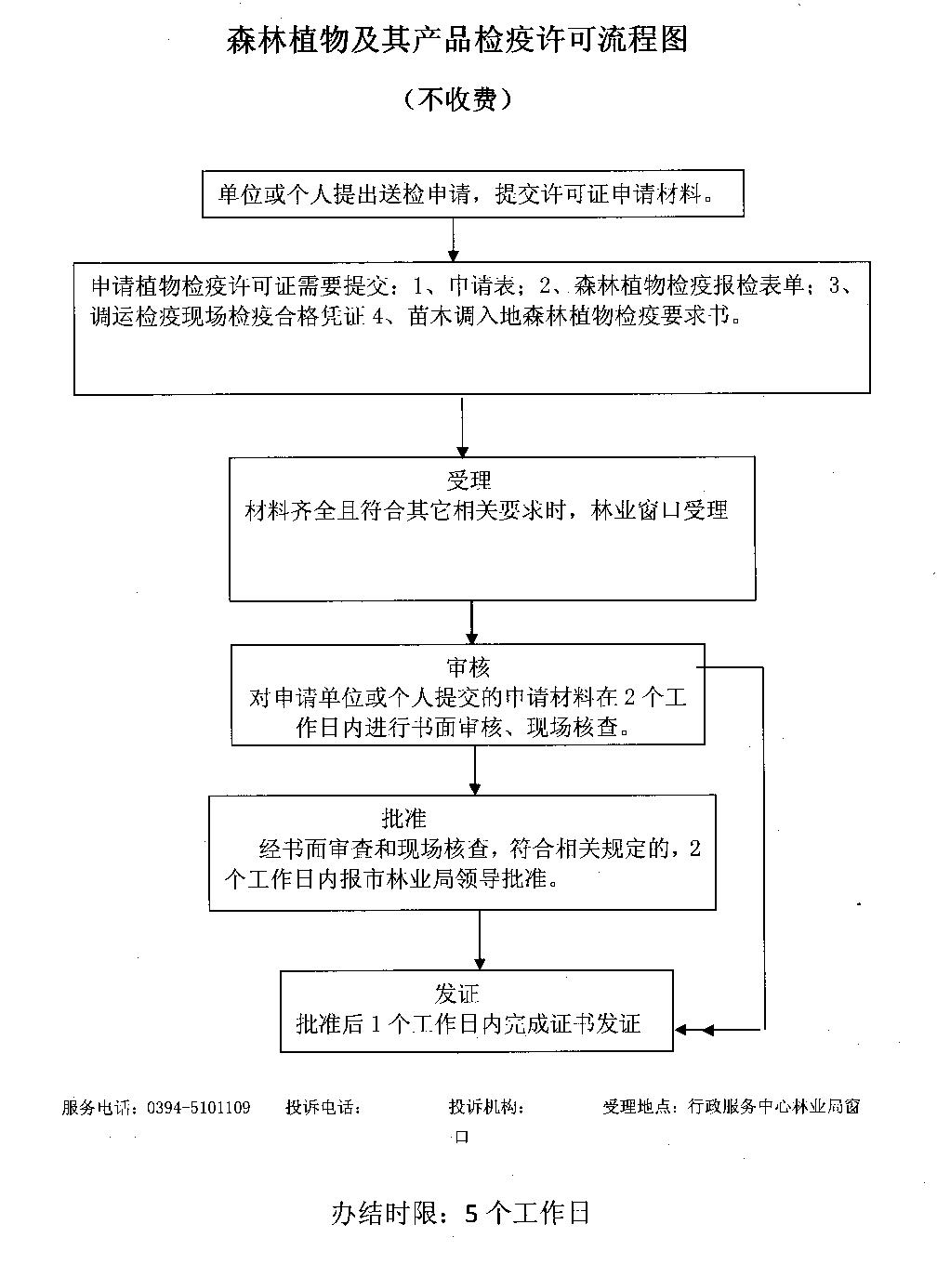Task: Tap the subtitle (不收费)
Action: (457, 99)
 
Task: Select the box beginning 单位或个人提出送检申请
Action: (472, 193)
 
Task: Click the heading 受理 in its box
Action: (468, 481)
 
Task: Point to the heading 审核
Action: (468, 667)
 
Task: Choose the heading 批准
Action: (403, 818)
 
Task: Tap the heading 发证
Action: (457, 994)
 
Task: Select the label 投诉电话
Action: (322, 1107)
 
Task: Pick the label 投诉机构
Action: (485, 1107)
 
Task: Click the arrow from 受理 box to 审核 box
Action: (472, 622)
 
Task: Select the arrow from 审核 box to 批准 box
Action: (475, 769)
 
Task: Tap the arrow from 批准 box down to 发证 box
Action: (480, 939)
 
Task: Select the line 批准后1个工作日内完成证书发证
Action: (468, 1024)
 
